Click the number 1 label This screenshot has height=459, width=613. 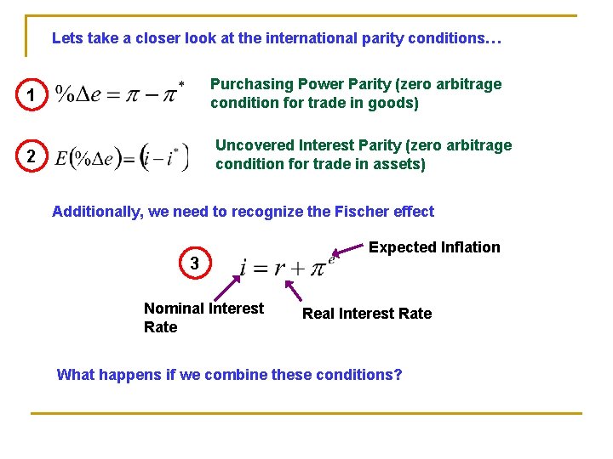(x=31, y=97)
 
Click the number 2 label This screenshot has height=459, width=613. (x=31, y=157)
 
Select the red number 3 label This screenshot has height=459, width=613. (x=195, y=264)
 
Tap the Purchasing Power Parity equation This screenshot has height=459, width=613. (x=119, y=93)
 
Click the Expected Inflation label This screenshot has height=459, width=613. (x=434, y=247)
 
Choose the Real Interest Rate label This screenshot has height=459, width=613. (x=367, y=314)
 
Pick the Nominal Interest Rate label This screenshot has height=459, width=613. (x=203, y=317)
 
